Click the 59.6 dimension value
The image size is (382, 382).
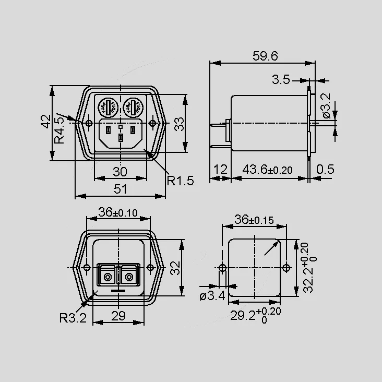coord(265,56)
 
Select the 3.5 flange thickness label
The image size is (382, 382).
coord(281,80)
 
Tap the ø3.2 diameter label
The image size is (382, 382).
coord(326,105)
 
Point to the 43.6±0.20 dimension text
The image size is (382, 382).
coord(267,169)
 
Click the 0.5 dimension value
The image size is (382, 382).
coord(325,169)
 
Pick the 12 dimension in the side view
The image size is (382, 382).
coord(220,169)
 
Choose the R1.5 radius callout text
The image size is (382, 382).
coord(180,181)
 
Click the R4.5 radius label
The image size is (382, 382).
coord(59,130)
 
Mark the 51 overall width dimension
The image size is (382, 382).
coord(121,189)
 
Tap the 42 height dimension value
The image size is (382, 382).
coord(45,121)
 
